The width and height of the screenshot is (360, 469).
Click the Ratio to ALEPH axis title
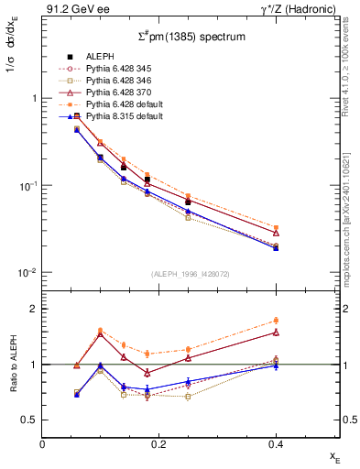coord(13,364)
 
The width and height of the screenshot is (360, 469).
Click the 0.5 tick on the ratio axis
coord(33,420)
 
